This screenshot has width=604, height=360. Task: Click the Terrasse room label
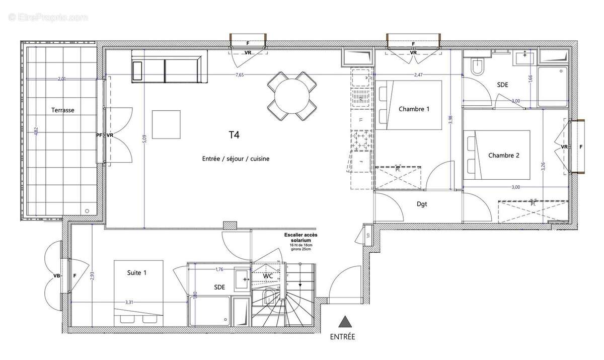pos(63,110)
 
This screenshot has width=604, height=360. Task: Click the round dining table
pos(292,96)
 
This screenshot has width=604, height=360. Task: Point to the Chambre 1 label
pos(414,109)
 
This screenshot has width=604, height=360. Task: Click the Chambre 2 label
pos(504,156)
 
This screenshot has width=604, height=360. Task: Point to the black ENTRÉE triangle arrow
pos(344,322)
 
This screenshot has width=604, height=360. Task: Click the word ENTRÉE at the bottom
pos(343,337)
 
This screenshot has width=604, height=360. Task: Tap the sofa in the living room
pos(167,66)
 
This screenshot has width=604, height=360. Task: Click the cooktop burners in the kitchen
pos(360,141)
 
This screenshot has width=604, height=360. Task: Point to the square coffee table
pos(167,124)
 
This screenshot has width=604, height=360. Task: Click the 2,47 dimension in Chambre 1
pos(418,75)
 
